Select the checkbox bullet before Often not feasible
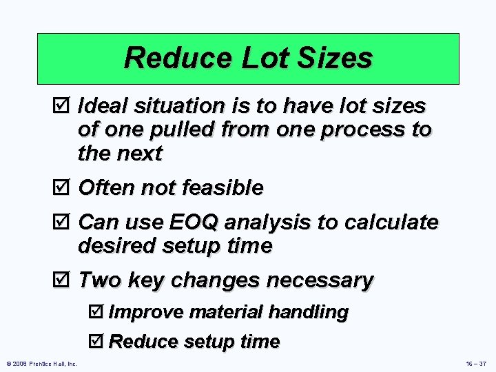(65, 187)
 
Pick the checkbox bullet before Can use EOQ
(65, 223)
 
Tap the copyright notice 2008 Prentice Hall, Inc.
(42, 363)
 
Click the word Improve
(145, 312)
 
